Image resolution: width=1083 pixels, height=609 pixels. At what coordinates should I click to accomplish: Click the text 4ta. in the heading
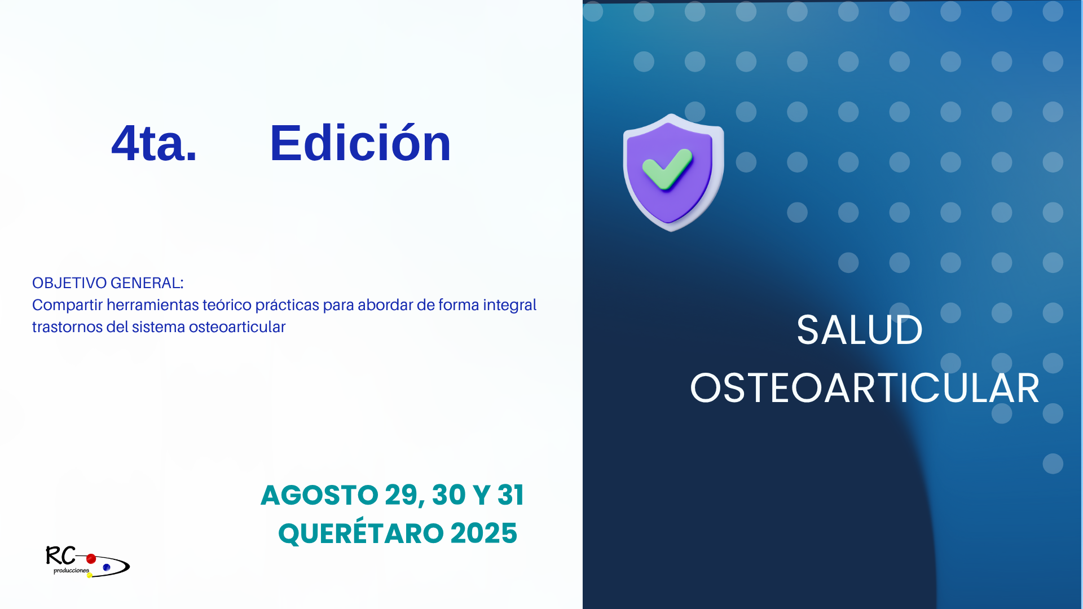pyautogui.click(x=154, y=143)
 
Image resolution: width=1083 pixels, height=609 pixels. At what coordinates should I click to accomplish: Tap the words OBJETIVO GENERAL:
pyautogui.click(x=108, y=283)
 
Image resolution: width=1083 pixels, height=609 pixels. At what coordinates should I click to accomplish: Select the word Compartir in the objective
pyautogui.click(x=67, y=305)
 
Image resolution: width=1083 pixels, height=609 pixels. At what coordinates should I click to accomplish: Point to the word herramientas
pyautogui.click(x=153, y=305)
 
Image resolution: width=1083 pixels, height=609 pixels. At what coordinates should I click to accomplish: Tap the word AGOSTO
pyautogui.click(x=319, y=495)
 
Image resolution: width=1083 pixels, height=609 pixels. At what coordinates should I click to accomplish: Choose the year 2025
pyautogui.click(x=484, y=533)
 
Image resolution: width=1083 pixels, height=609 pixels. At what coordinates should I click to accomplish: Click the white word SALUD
pyautogui.click(x=860, y=330)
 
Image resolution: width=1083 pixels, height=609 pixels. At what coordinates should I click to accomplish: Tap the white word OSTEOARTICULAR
pyautogui.click(x=865, y=389)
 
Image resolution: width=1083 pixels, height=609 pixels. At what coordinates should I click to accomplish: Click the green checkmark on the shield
pyautogui.click(x=667, y=169)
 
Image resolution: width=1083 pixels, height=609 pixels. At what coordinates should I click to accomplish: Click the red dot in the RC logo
pyautogui.click(x=91, y=559)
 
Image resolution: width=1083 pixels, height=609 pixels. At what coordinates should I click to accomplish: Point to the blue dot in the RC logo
pyautogui.click(x=107, y=567)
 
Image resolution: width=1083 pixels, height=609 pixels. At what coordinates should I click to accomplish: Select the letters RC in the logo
pyautogui.click(x=60, y=556)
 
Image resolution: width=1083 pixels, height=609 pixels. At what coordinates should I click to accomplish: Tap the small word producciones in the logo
pyautogui.click(x=71, y=571)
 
